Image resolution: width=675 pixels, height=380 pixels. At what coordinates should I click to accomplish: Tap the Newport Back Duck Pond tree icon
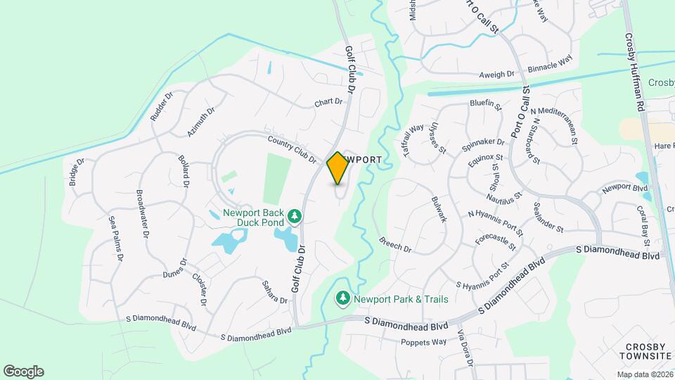tap(296, 215)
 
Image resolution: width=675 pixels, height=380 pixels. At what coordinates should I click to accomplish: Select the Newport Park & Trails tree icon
tap(343, 299)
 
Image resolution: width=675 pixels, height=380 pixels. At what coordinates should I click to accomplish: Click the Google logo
tap(23, 372)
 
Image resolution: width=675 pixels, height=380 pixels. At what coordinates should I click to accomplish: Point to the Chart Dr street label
tap(328, 102)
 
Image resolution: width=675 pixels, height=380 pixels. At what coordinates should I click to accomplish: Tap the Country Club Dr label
tap(292, 150)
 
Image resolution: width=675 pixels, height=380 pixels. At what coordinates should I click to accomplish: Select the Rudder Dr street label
tap(161, 106)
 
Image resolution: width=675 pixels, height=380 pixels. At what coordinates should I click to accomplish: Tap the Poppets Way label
tap(423, 343)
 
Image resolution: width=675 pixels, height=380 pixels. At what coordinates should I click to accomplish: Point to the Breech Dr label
tap(395, 244)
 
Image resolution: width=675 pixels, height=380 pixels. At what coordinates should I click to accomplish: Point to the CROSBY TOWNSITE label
tap(647, 353)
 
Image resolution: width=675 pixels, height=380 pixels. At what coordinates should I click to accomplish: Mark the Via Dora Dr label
tap(465, 348)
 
